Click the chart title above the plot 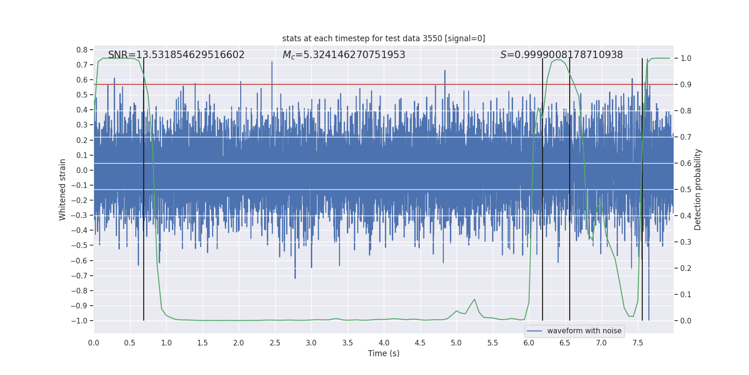[383, 38]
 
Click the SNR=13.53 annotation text [176, 55]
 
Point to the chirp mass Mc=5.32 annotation [344, 55]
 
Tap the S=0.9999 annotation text [561, 55]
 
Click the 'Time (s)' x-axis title [383, 353]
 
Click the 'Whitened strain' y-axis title [62, 189]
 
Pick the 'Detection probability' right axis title [698, 189]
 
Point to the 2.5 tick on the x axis [275, 343]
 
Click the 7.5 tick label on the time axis [638, 343]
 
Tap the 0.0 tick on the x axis [94, 343]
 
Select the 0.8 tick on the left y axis [82, 50]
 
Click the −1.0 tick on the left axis [79, 321]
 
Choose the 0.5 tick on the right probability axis [686, 189]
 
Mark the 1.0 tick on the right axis [686, 59]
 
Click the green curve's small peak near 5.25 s [474, 299]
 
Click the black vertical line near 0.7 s [144, 187]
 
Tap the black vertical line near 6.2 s [543, 187]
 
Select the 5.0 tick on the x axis [456, 343]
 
